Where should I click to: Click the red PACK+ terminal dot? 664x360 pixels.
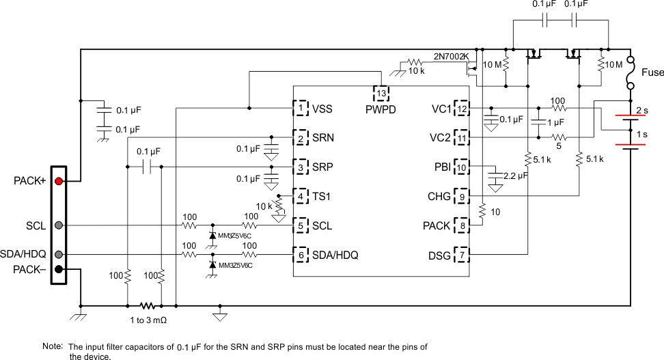pos(59,181)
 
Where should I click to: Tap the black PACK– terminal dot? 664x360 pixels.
pos(59,269)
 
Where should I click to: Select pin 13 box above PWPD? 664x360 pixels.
pos(381,92)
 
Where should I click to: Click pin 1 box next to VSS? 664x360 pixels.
pos(301,108)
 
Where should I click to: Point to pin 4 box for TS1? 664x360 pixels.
pos(301,196)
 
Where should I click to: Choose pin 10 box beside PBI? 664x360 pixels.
pos(462,167)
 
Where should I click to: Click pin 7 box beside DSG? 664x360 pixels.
pos(462,255)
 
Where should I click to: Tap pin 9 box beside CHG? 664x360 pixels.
pos(462,197)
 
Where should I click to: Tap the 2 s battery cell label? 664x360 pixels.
pos(642,109)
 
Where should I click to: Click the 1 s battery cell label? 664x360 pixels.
pos(642,134)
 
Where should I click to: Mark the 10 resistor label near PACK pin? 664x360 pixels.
pos(496,212)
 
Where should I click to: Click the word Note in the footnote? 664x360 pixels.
pos(52,346)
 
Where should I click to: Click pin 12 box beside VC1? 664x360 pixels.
pos(462,108)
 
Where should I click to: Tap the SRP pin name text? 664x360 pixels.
pos(324,167)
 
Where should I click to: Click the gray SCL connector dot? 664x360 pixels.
pos(59,225)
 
